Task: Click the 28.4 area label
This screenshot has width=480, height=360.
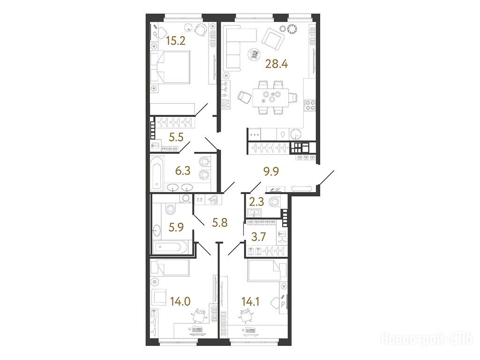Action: point(277,64)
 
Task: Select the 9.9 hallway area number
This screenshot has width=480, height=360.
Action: point(271,172)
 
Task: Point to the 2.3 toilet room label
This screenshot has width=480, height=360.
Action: point(256,202)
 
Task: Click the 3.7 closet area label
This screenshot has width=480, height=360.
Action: point(258,237)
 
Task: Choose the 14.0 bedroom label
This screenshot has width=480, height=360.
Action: point(180,301)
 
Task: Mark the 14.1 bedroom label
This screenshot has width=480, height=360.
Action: point(250,301)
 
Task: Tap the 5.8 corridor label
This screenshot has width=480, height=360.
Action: point(220,223)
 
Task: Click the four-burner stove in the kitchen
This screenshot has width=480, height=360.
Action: point(309,105)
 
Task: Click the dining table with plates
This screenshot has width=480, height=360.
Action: point(270,97)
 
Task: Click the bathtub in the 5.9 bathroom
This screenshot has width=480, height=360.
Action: point(172,248)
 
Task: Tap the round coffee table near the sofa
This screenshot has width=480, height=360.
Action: point(254,55)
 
